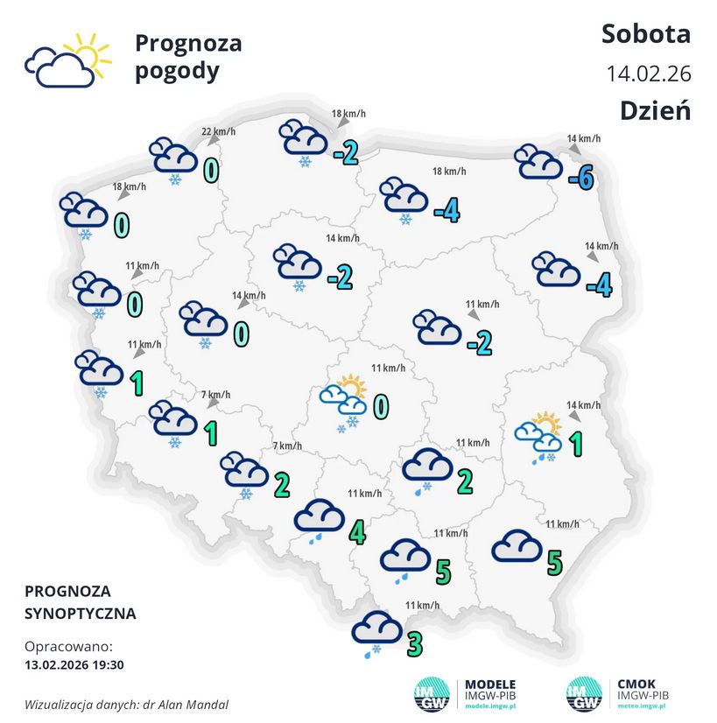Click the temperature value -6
tap(581, 179)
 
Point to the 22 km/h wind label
tap(219, 132)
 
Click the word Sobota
tap(646, 34)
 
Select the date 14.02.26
tap(649, 74)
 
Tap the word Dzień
tap(656, 111)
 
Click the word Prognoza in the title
tap(188, 43)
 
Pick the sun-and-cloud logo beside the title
tap(67, 60)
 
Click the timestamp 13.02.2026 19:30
tap(74, 665)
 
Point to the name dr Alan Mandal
tap(188, 704)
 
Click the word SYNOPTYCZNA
tap(81, 613)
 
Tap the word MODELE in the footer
tap(489, 684)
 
